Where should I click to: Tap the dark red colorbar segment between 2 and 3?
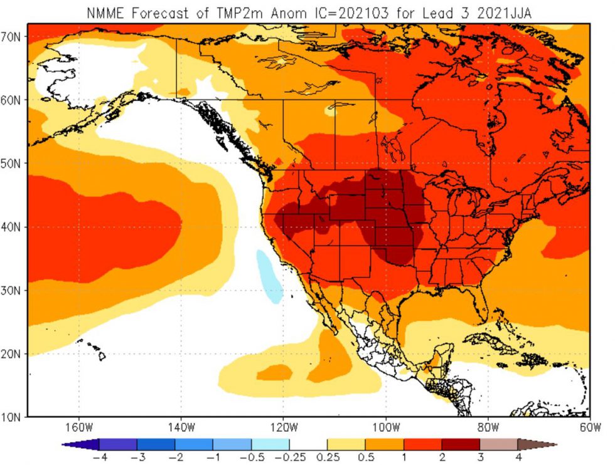[x=461, y=444]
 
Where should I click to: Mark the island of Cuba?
[x=496, y=342]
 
